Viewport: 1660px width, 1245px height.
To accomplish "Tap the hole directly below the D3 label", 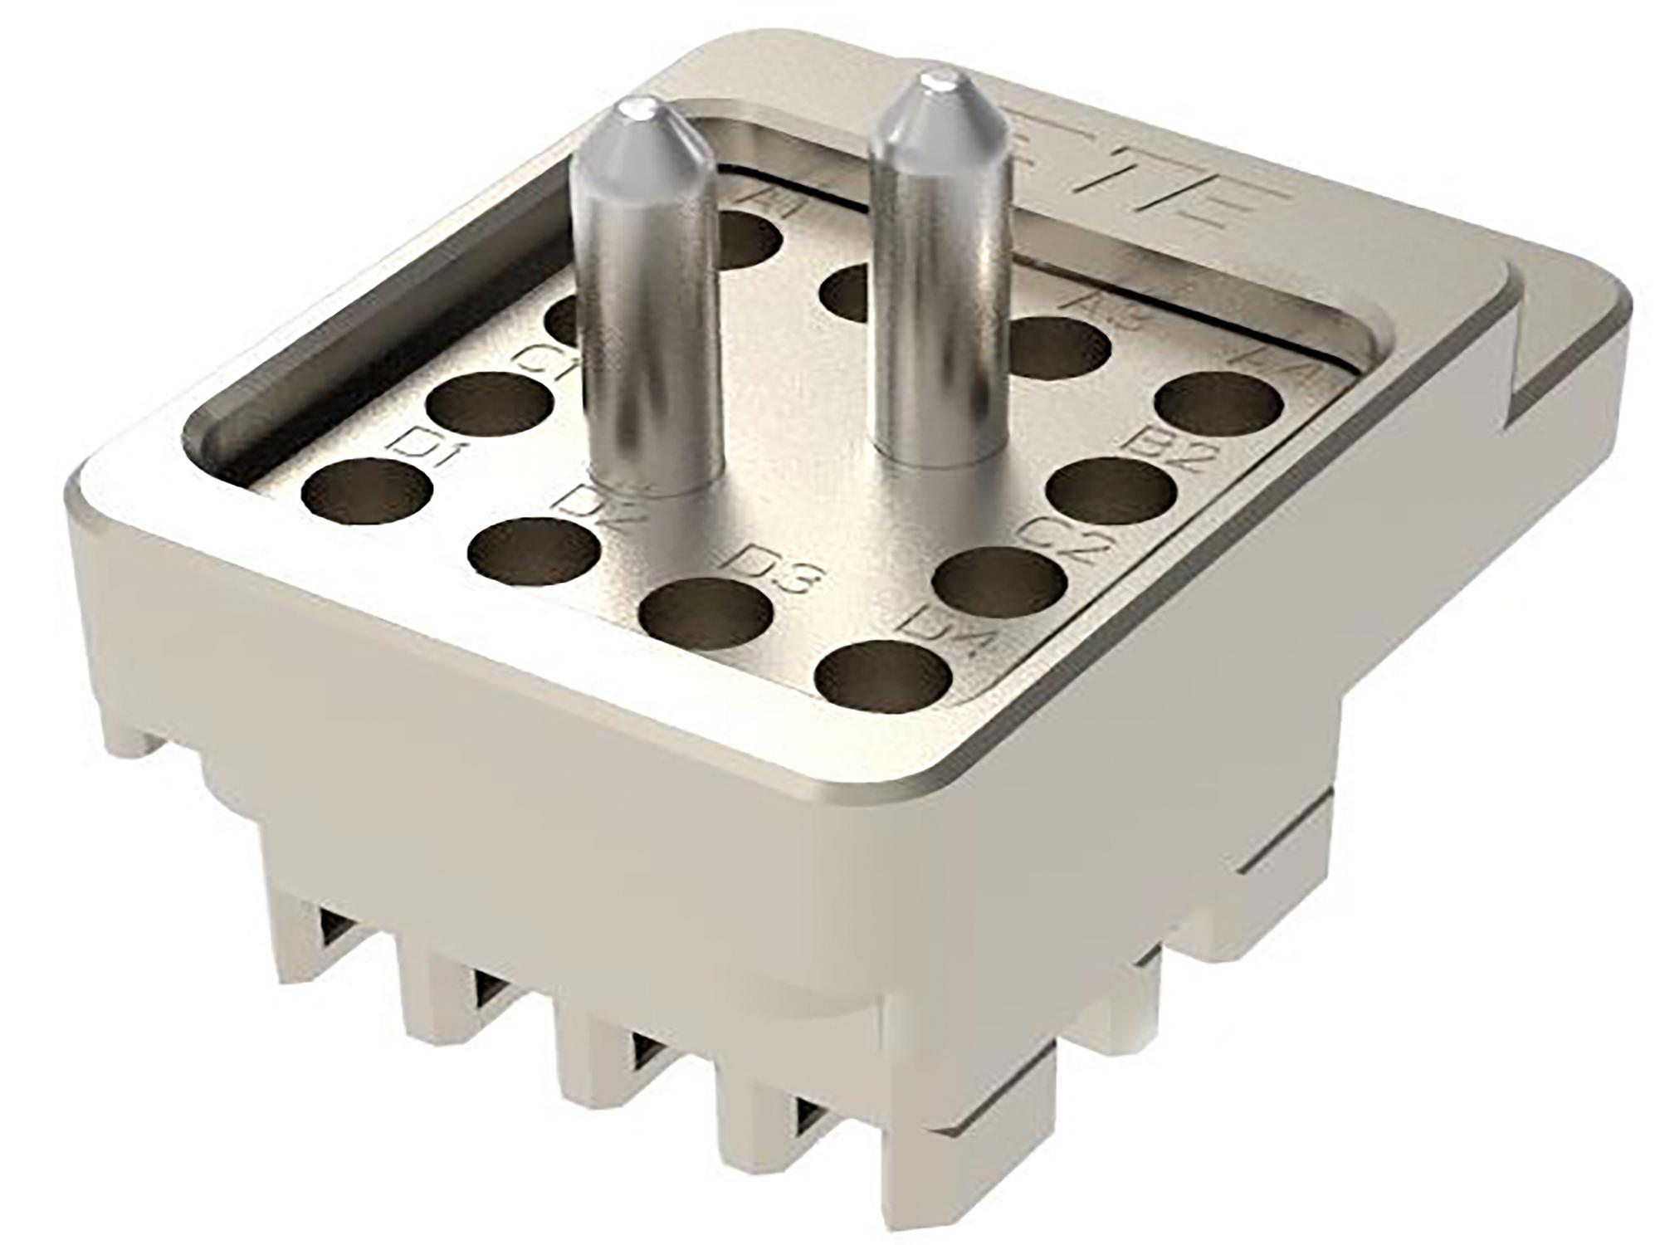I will tap(706, 618).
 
